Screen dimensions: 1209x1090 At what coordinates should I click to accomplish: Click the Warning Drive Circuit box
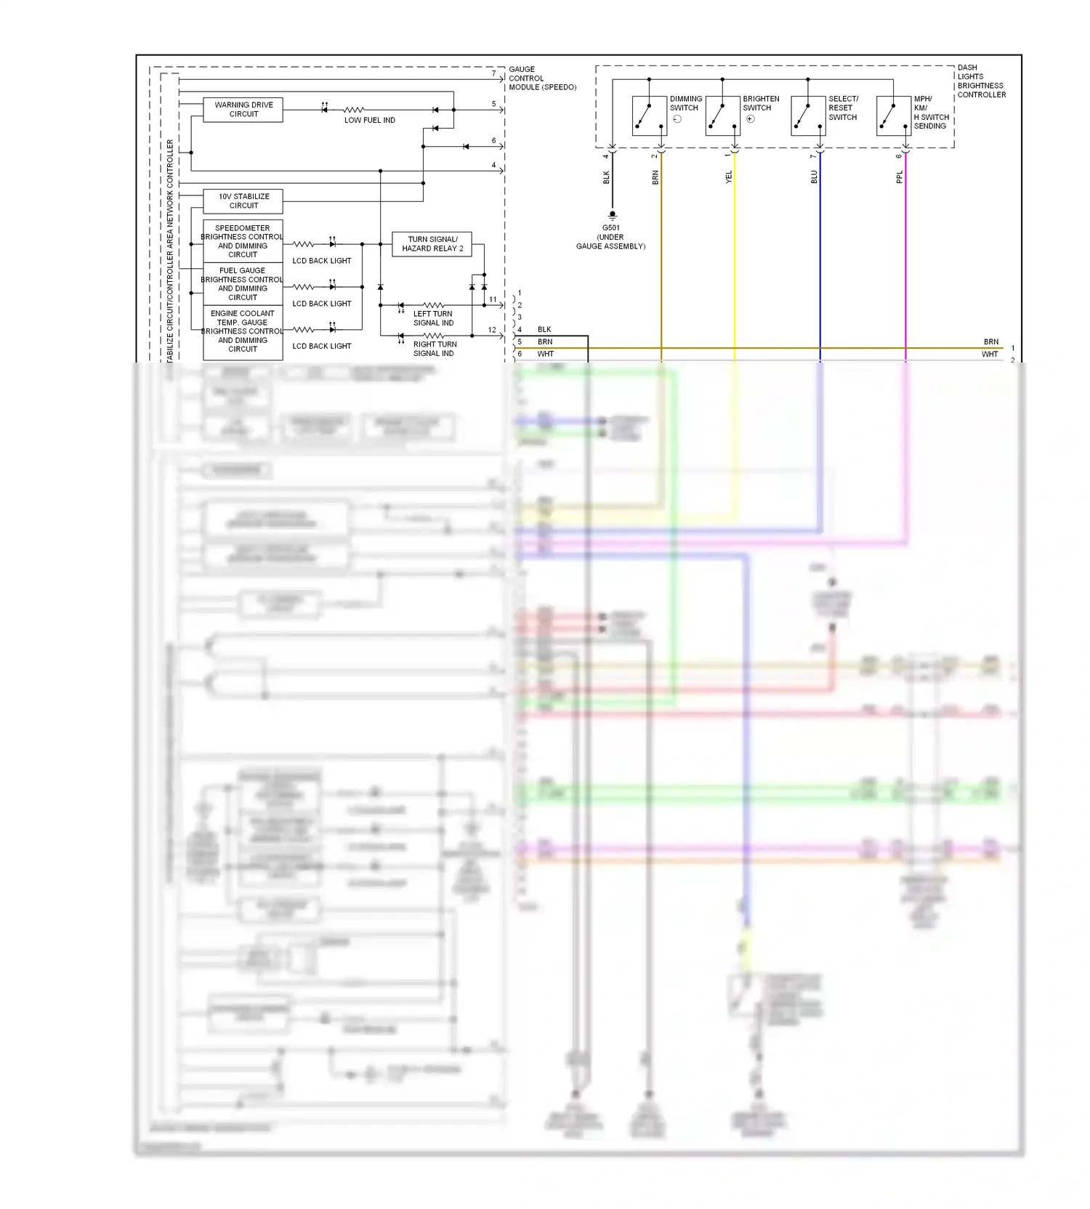click(x=243, y=110)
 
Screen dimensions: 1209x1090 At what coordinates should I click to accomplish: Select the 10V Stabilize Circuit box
click(x=243, y=201)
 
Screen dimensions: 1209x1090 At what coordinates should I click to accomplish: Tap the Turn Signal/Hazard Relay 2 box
click(x=432, y=244)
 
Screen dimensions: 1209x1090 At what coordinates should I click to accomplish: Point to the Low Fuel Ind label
click(x=369, y=121)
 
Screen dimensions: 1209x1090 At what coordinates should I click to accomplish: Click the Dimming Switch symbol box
click(x=649, y=116)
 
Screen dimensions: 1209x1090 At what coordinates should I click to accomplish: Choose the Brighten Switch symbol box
click(x=722, y=116)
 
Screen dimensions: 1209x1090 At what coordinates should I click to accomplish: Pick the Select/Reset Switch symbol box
click(x=808, y=116)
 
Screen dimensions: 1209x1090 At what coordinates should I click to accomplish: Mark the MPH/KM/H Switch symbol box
click(x=894, y=116)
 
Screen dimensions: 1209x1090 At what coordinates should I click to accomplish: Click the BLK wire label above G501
click(x=607, y=177)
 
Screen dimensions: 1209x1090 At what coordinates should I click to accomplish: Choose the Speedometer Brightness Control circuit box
click(x=243, y=241)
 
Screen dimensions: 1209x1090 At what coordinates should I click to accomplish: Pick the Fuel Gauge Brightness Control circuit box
click(x=243, y=284)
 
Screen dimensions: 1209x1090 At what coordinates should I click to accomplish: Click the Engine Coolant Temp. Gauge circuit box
click(x=243, y=332)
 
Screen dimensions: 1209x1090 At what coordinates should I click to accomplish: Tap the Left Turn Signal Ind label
click(x=433, y=318)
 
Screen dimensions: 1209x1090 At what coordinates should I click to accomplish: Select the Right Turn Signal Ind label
click(x=435, y=349)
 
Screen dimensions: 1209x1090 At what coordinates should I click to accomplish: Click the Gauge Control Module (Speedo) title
click(x=542, y=78)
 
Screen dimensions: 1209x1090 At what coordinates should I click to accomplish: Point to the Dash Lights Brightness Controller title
click(x=981, y=81)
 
